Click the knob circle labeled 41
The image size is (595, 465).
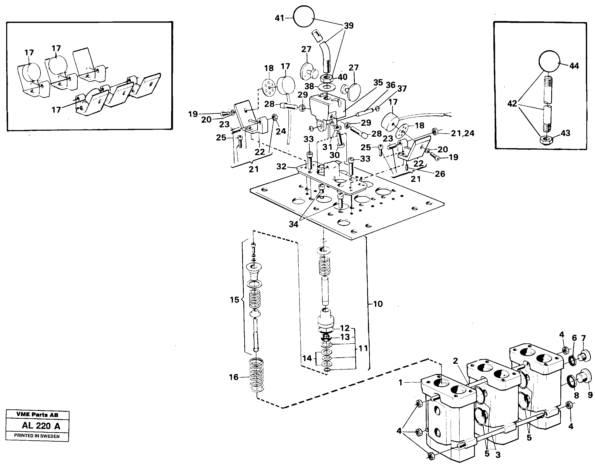tap(304, 16)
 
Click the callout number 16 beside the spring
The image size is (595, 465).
tap(234, 377)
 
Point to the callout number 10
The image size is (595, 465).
tap(378, 304)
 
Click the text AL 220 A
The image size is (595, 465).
tap(41, 426)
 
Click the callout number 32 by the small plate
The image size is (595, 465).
tap(281, 166)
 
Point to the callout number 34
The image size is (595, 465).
tap(294, 224)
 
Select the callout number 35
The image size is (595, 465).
tap(378, 83)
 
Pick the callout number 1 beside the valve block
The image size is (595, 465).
tap(400, 383)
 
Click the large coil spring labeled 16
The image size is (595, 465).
tap(257, 376)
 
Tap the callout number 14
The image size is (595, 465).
tap(307, 358)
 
